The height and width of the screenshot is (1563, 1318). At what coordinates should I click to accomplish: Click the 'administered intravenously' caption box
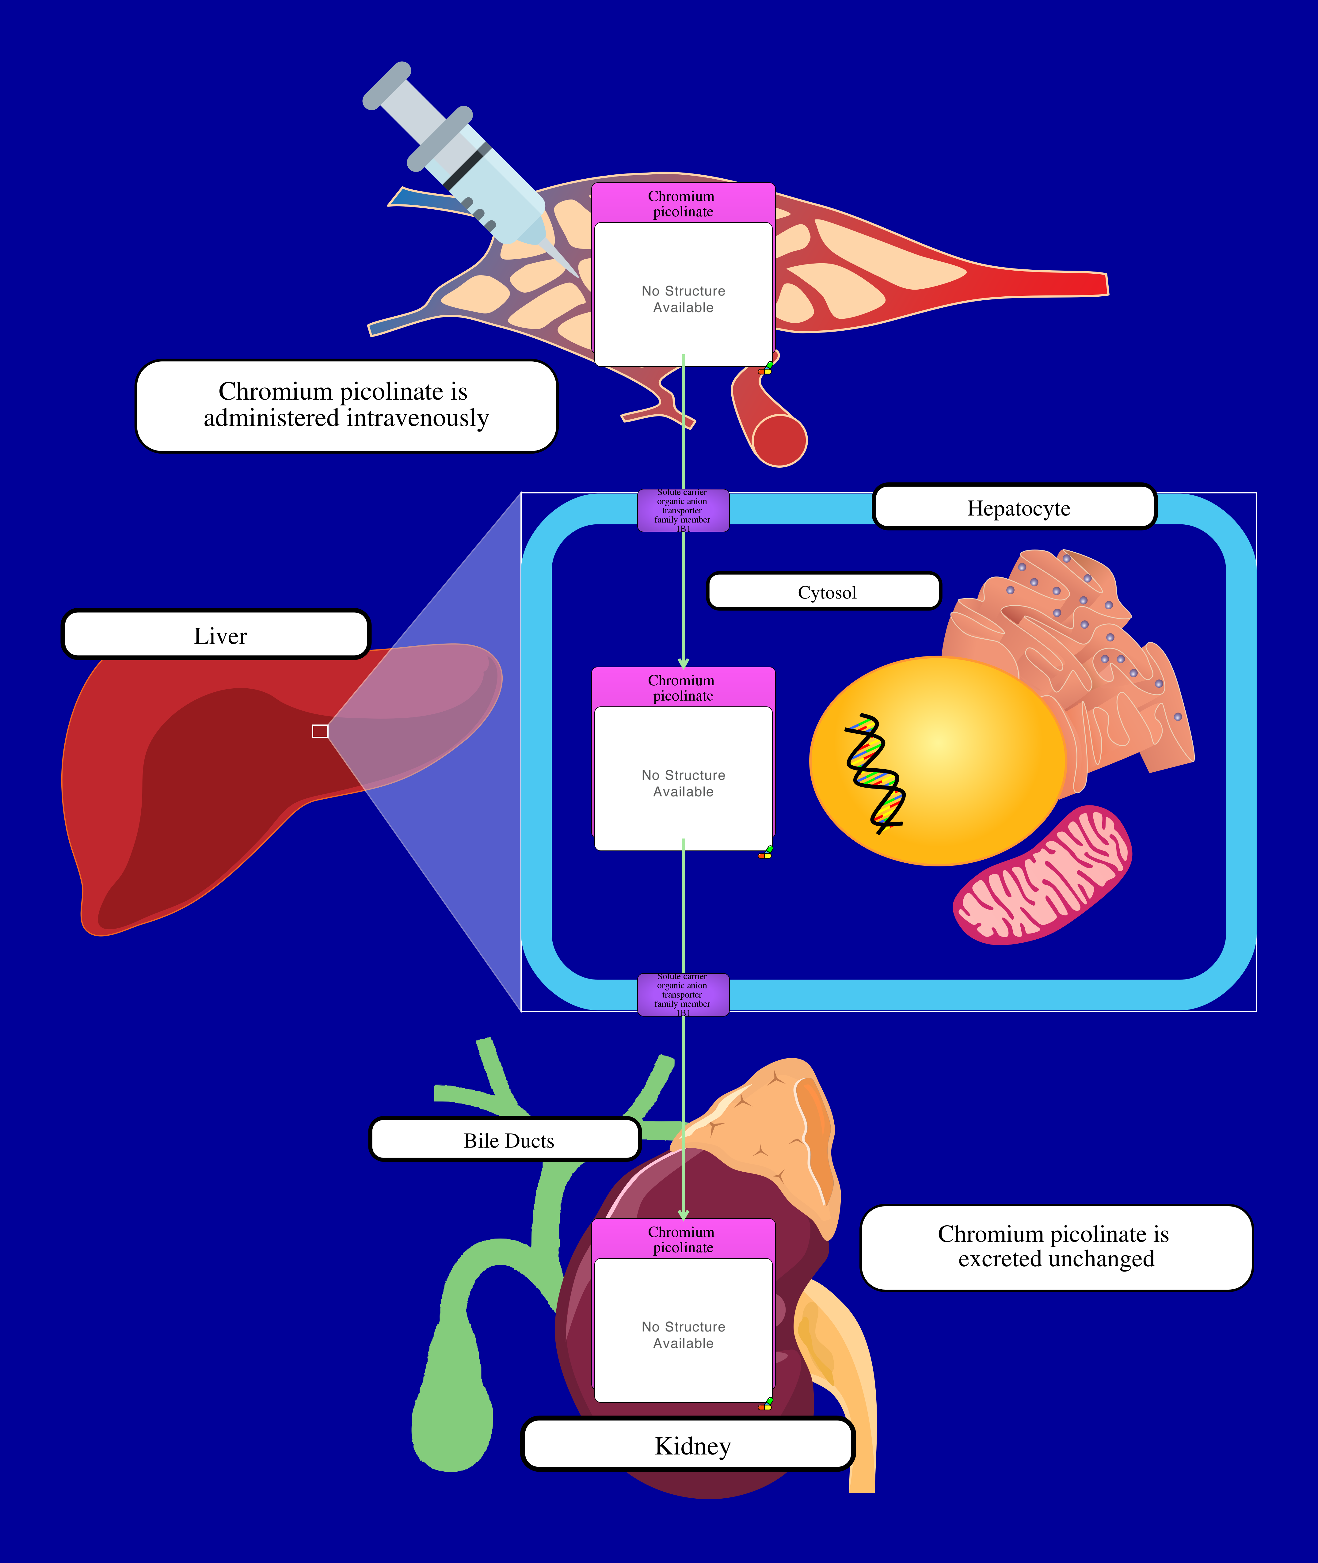(x=346, y=406)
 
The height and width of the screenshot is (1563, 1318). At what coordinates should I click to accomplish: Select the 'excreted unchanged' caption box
(x=1056, y=1247)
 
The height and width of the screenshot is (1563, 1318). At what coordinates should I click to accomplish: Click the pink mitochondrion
(x=1042, y=876)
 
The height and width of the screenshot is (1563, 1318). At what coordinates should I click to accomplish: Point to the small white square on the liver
(x=320, y=731)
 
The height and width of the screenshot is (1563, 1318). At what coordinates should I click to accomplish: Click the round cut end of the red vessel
(x=779, y=441)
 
